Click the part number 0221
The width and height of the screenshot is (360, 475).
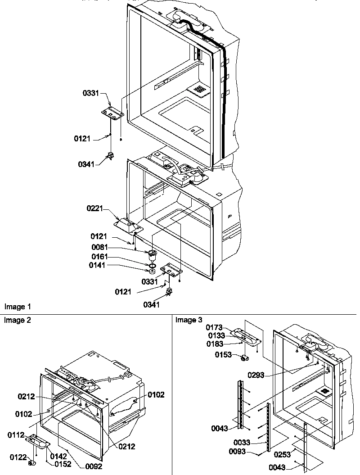point(95,208)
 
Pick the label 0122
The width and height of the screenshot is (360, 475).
point(18,457)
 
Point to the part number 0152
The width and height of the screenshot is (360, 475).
point(63,464)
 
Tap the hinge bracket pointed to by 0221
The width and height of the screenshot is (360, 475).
point(127,224)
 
